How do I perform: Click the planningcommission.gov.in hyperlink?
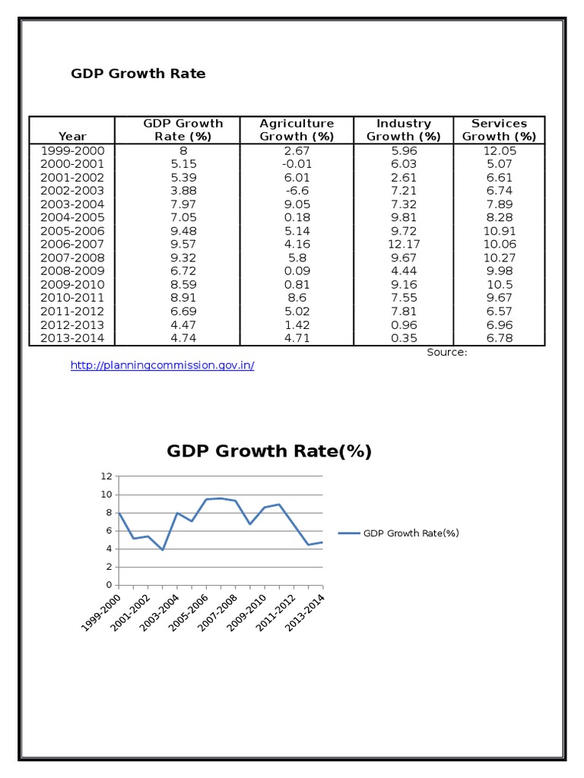tap(163, 365)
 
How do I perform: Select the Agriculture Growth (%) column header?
tap(297, 130)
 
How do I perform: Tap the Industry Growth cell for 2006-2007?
tap(404, 244)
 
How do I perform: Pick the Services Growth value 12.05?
tap(500, 151)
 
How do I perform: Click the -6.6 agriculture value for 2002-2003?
tap(297, 191)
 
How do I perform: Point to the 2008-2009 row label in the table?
tap(72, 271)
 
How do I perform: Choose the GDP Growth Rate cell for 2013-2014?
tap(183, 338)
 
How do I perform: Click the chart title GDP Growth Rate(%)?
tap(269, 451)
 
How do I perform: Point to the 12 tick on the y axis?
tap(106, 476)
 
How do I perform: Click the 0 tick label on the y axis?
tap(109, 585)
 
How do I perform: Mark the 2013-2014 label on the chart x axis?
tap(304, 612)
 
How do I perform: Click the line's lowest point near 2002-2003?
tap(163, 550)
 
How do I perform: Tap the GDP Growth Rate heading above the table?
tap(138, 74)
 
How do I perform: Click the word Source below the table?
tap(446, 353)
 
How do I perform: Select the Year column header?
tap(72, 137)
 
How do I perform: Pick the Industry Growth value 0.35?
tap(404, 338)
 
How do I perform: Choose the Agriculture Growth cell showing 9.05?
tap(297, 204)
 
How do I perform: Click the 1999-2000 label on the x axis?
tap(101, 612)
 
